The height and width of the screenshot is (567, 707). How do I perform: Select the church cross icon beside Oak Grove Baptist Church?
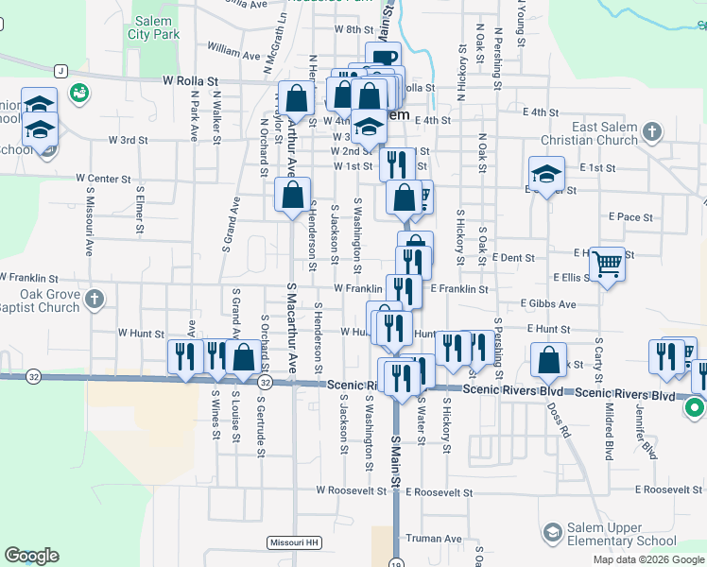click(94, 301)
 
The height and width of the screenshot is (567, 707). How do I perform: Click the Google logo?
click(31, 556)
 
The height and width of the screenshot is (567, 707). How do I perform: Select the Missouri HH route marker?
click(294, 542)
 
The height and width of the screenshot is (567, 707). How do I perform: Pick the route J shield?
click(61, 71)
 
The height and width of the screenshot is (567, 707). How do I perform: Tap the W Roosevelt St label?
click(352, 491)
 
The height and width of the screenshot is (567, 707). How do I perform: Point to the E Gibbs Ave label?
click(548, 304)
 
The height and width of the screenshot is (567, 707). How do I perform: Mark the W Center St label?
click(103, 178)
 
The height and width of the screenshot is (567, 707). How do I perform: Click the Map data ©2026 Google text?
click(648, 559)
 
